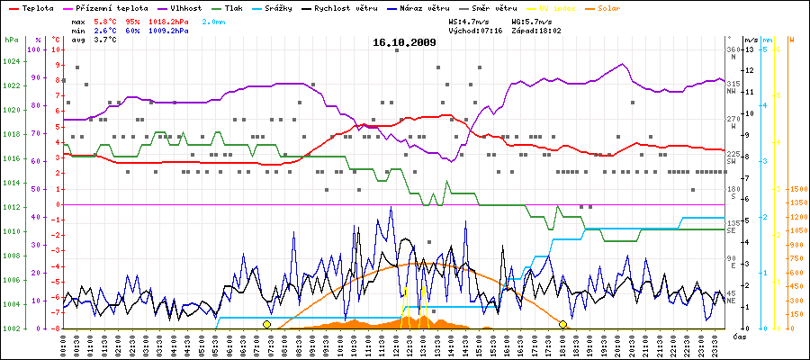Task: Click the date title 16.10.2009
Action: tap(405, 42)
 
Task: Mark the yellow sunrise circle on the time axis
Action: tap(266, 324)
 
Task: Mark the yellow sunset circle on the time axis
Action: tap(563, 324)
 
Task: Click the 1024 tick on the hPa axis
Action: tap(11, 62)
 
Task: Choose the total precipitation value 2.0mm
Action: tap(239, 20)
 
